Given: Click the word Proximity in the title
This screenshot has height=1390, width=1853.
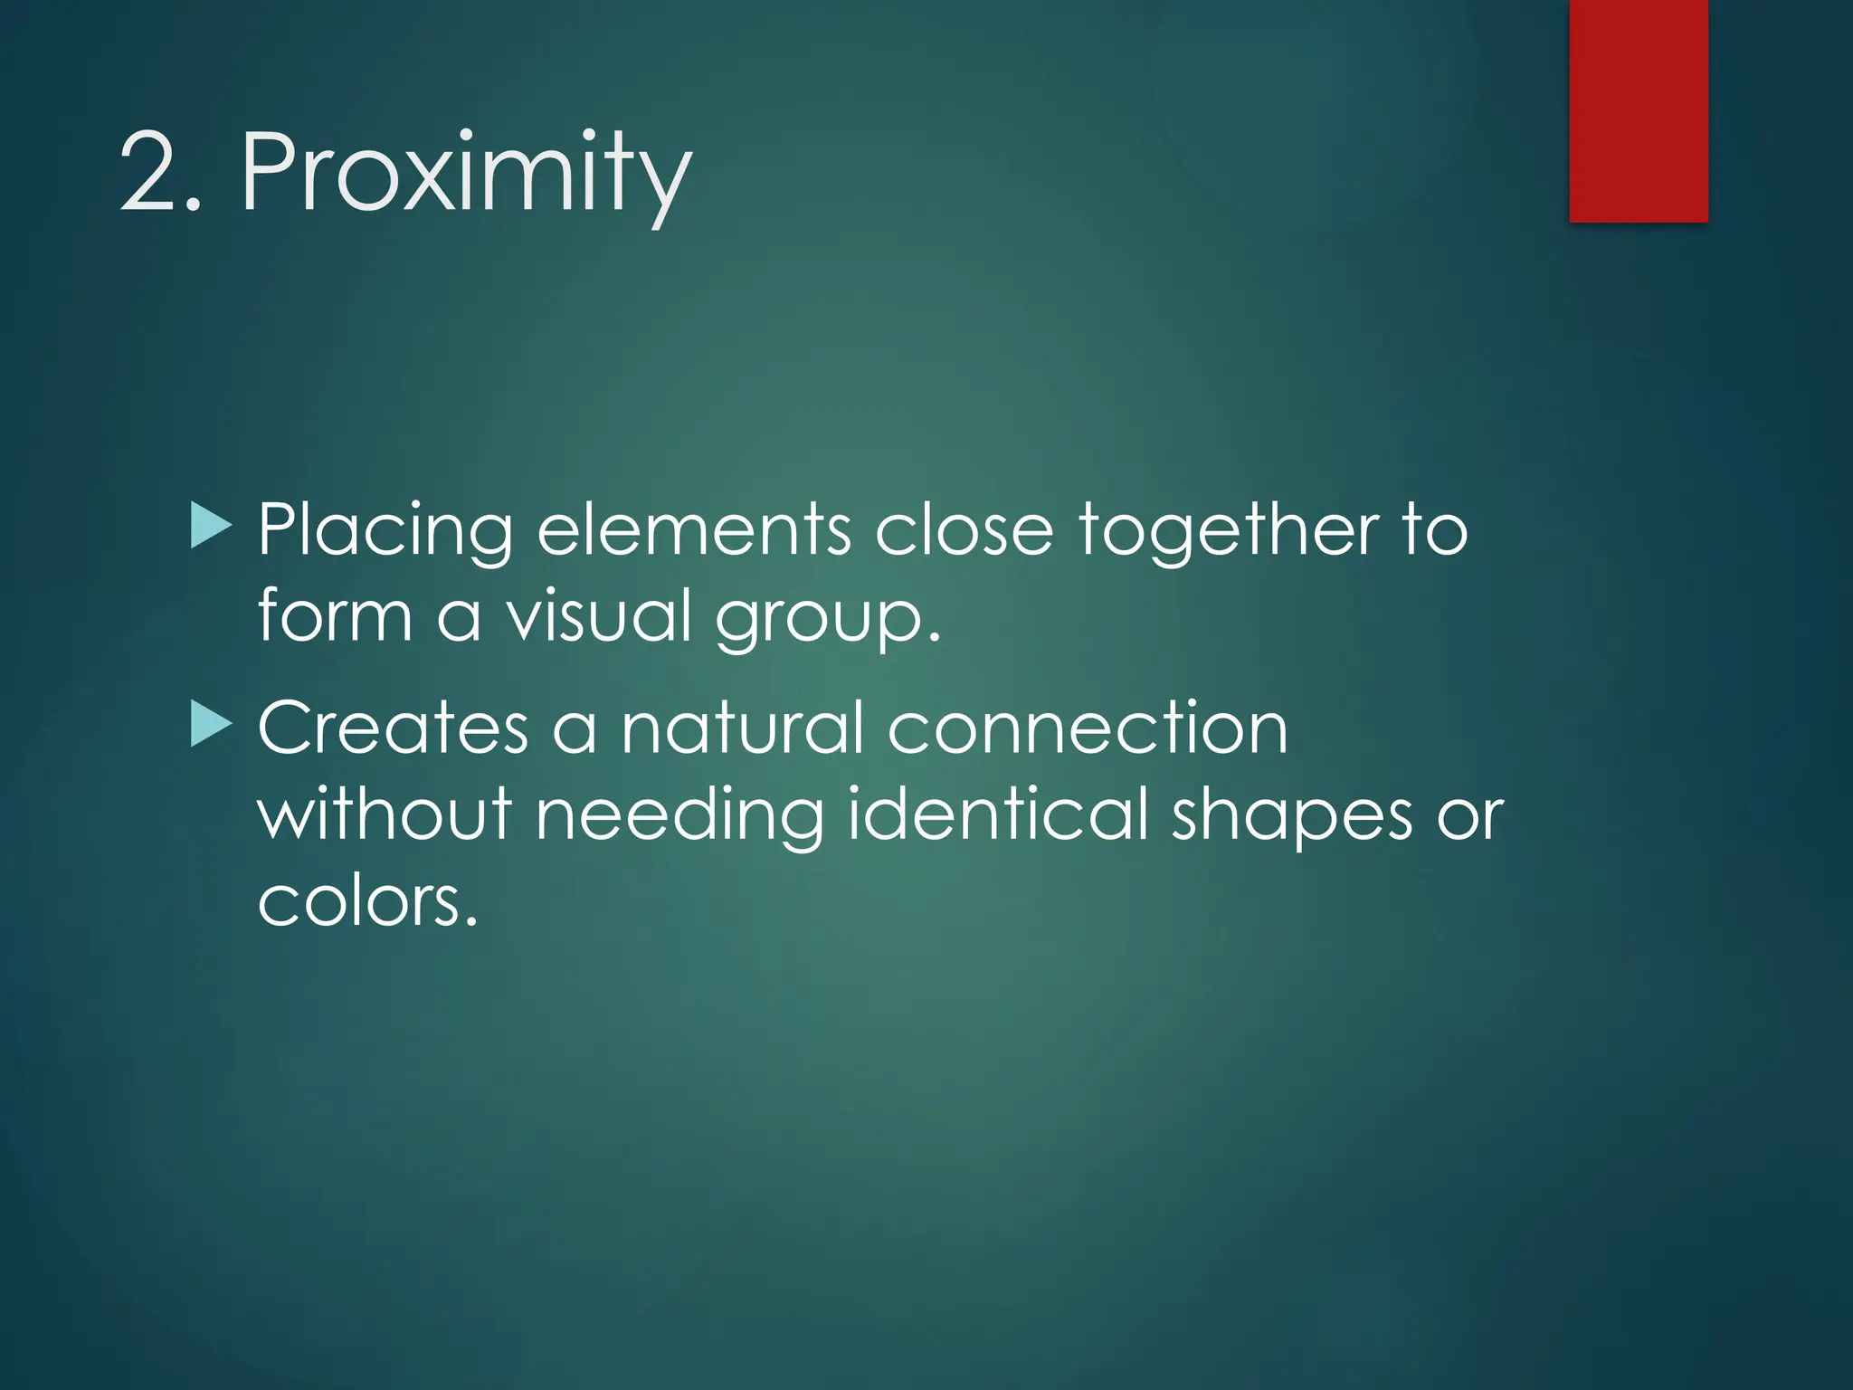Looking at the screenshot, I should point(466,174).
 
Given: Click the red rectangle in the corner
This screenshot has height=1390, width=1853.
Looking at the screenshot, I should point(1638,110).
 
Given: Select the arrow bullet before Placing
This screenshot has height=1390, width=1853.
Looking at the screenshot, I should point(212,527).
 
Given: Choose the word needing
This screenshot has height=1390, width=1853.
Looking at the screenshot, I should point(679,815).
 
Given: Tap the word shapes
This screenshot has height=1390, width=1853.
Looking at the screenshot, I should point(1292,815).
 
